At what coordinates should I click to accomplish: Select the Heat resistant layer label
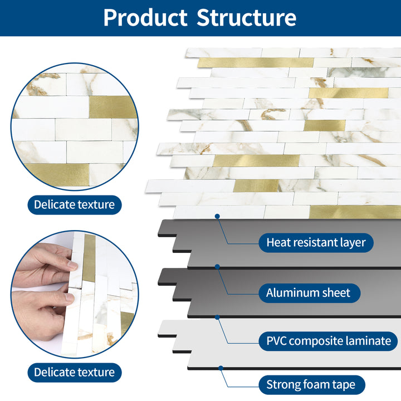[316, 242]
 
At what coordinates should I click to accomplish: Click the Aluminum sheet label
[308, 292]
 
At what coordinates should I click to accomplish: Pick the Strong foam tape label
[315, 384]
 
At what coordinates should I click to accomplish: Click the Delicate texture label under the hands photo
[74, 372]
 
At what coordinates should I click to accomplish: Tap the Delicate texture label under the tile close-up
[74, 204]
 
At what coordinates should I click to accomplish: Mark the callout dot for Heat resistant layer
[217, 216]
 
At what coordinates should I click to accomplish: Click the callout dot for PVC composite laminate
[217, 317]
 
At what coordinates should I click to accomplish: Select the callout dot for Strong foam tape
[221, 368]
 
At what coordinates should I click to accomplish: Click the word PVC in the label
[277, 341]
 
